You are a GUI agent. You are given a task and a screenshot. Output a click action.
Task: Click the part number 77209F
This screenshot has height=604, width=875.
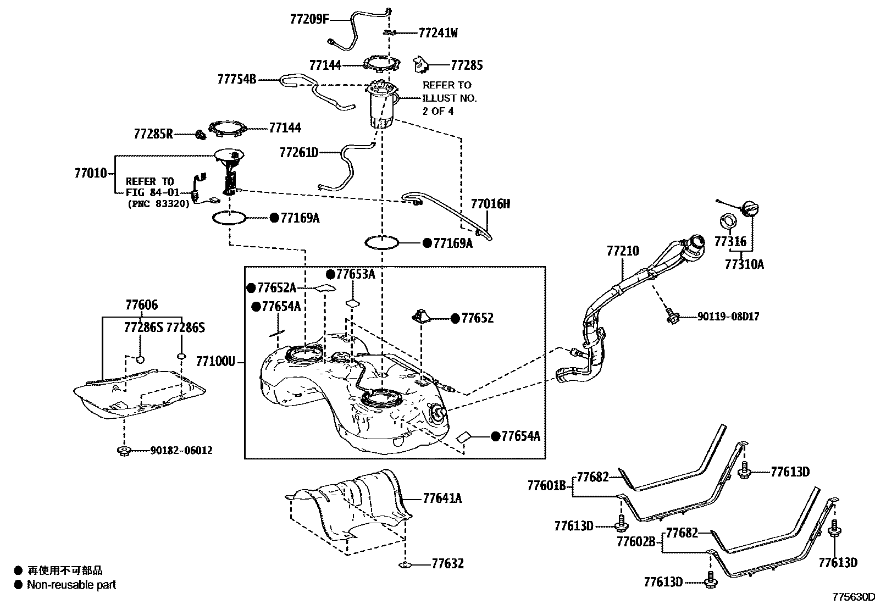(309, 20)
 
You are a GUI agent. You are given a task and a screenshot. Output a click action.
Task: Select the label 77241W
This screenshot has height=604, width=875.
(438, 33)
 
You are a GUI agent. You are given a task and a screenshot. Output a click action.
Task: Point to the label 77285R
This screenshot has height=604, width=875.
(153, 134)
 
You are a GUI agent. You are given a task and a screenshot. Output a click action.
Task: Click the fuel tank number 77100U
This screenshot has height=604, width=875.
(215, 362)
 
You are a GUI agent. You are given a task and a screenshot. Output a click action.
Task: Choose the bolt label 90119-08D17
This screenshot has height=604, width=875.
(728, 317)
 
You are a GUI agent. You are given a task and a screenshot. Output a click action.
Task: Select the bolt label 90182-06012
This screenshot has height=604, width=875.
(181, 451)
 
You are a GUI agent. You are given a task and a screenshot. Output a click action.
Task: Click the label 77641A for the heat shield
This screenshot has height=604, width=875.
(442, 499)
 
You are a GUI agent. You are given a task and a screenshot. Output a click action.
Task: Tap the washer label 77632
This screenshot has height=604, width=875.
(447, 564)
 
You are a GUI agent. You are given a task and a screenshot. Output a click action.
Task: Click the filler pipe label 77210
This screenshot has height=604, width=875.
(623, 251)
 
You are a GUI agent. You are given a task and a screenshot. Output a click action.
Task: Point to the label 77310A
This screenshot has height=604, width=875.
(744, 264)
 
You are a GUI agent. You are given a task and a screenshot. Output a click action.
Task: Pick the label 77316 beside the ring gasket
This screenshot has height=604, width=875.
(730, 242)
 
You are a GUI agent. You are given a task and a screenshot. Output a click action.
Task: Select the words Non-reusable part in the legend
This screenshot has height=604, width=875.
(71, 585)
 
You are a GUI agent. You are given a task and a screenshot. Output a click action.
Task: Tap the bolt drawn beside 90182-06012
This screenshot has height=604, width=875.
(124, 451)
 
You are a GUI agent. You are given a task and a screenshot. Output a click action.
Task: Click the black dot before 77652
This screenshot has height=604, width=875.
(455, 318)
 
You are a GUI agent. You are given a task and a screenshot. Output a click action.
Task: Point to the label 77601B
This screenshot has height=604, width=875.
(546, 486)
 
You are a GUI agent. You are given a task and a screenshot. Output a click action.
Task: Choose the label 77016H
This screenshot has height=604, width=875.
(490, 204)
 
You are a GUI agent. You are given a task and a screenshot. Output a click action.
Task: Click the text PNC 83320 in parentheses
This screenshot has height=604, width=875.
(158, 203)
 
